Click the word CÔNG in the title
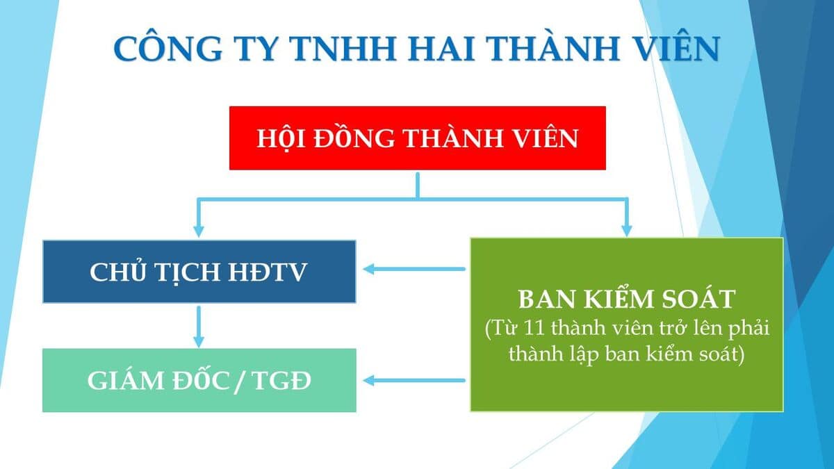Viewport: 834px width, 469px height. pyautogui.click(x=168, y=49)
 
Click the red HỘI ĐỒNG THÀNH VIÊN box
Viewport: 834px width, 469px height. pyautogui.click(x=418, y=138)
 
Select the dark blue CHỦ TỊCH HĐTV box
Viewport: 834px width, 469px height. pyautogui.click(x=199, y=272)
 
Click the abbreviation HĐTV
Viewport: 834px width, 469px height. pyautogui.click(x=268, y=272)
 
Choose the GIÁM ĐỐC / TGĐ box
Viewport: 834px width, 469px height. pyautogui.click(x=199, y=381)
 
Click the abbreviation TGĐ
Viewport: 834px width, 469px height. pyautogui.click(x=282, y=381)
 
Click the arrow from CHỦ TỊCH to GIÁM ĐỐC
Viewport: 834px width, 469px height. pyautogui.click(x=199, y=327)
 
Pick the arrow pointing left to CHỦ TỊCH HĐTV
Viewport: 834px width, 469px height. pyautogui.click(x=414, y=269)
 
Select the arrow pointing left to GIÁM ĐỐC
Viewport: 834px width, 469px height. pyautogui.click(x=414, y=381)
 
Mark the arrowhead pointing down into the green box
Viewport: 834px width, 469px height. pyautogui.click(x=627, y=231)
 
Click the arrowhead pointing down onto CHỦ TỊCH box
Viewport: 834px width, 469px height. pyautogui.click(x=199, y=231)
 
